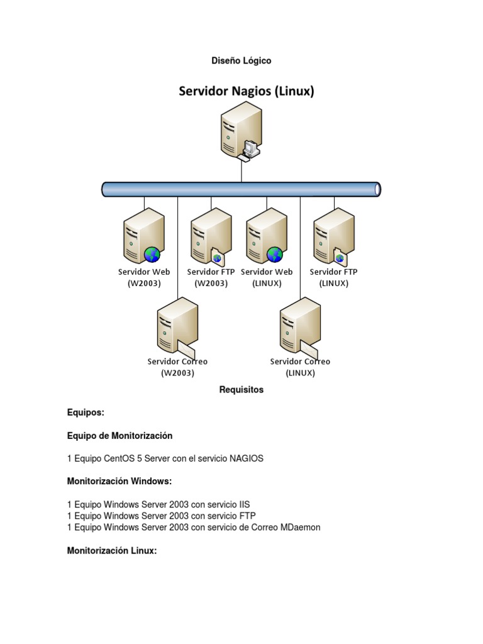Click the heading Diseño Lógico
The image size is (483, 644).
click(241, 61)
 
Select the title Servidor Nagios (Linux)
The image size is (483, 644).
click(247, 92)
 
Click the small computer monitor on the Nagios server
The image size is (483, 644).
click(250, 149)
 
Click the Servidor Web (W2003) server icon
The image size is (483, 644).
click(142, 236)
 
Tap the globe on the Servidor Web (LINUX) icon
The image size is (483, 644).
click(275, 254)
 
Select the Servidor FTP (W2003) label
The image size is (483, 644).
click(211, 277)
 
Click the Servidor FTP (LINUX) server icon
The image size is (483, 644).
click(333, 236)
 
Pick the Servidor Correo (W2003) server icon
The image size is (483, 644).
click(176, 326)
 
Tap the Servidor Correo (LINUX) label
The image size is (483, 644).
click(300, 367)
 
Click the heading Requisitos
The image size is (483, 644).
click(241, 390)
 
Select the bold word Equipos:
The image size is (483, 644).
click(86, 413)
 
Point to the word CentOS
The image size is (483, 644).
click(122, 458)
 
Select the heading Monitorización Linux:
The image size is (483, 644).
click(111, 550)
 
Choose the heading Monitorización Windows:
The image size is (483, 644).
click(119, 482)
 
